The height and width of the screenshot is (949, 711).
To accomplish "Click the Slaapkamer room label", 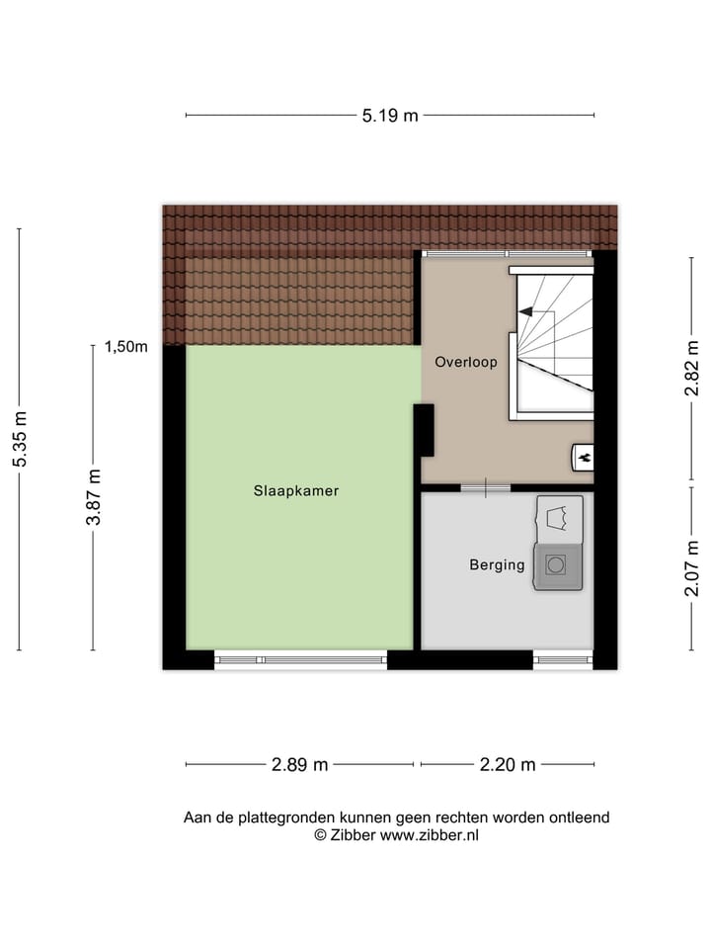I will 296,490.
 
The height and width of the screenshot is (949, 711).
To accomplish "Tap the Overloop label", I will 466,363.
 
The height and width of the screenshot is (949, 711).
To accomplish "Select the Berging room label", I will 497,565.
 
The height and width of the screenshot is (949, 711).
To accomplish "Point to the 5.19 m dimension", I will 390,116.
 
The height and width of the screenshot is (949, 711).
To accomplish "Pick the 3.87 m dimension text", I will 95,497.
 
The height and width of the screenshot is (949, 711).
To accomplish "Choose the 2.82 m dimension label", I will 692,368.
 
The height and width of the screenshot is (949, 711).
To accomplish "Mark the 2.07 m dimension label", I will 692,566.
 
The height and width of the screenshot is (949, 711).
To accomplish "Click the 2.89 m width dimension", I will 300,764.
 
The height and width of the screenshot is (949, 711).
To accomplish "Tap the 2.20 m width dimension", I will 508,764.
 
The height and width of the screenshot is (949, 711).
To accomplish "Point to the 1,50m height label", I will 126,347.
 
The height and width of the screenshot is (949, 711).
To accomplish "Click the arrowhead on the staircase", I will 524,311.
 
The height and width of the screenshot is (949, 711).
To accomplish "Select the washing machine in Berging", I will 557,565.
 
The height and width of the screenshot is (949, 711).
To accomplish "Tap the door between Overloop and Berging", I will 485,487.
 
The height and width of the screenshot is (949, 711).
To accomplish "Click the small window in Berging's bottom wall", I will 563,657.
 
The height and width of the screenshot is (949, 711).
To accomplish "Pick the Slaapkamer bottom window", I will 300,659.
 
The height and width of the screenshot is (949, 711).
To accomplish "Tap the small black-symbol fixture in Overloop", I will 583,457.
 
